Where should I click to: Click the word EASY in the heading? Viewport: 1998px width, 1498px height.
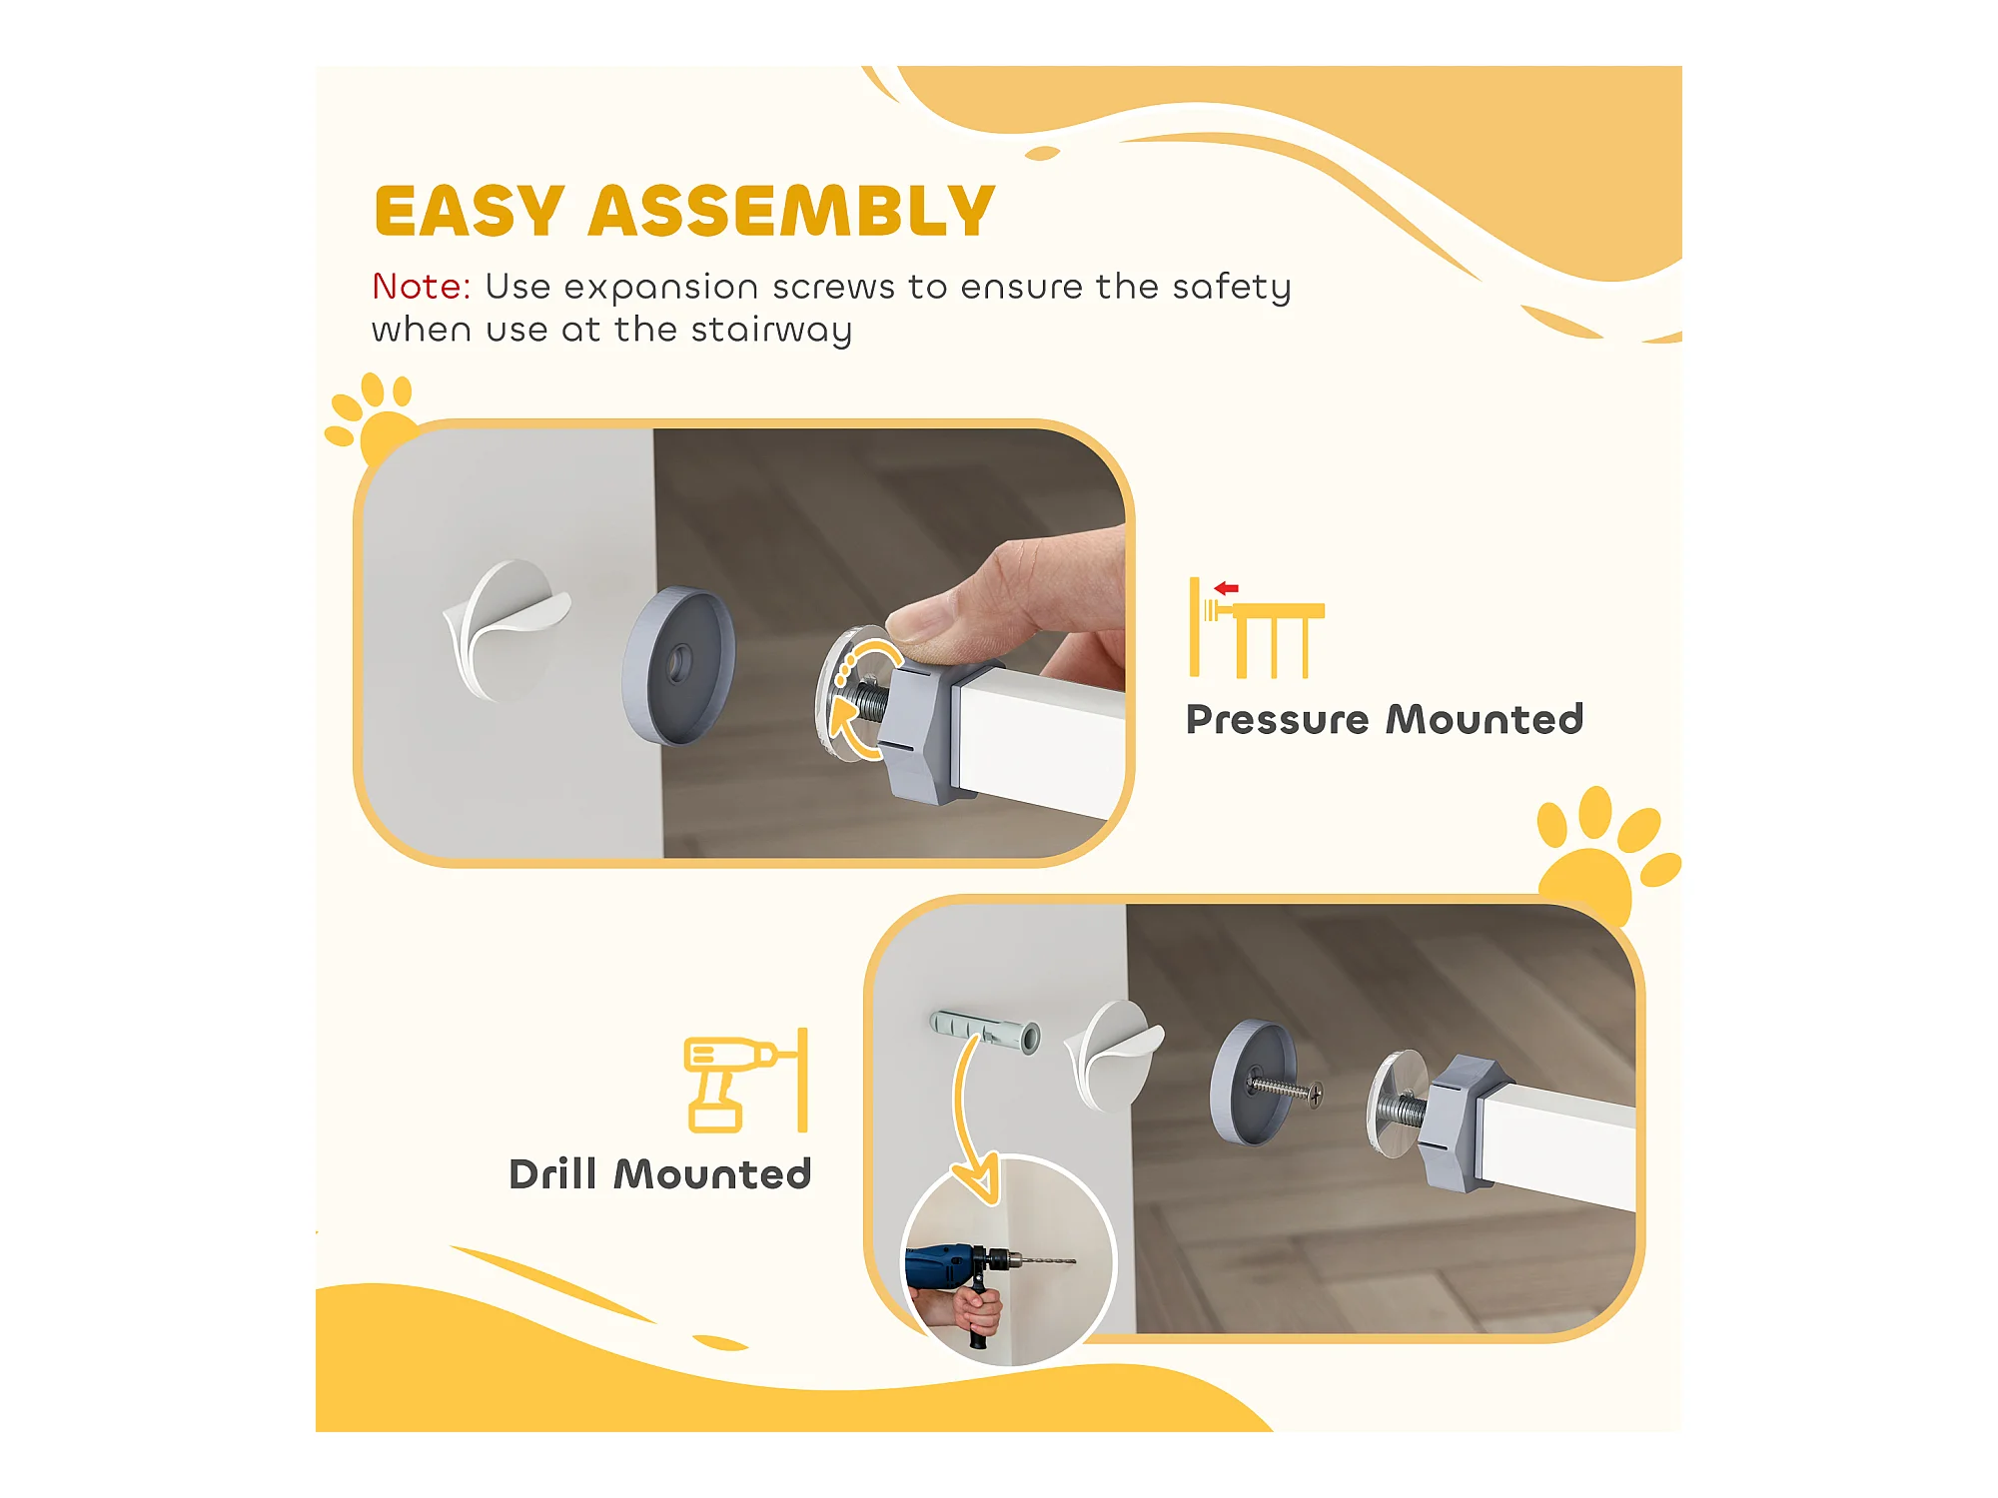pyautogui.click(x=470, y=211)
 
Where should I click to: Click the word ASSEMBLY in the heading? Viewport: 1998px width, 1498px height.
pyautogui.click(x=792, y=211)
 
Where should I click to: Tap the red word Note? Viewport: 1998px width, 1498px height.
pyautogui.click(x=421, y=287)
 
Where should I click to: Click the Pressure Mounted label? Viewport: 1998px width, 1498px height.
pyautogui.click(x=1385, y=719)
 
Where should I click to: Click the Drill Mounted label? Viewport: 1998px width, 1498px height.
pyautogui.click(x=659, y=1173)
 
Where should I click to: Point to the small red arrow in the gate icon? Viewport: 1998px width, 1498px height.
pyautogui.click(x=1227, y=588)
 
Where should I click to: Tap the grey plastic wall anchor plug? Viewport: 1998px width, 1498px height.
pyautogui.click(x=985, y=1030)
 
